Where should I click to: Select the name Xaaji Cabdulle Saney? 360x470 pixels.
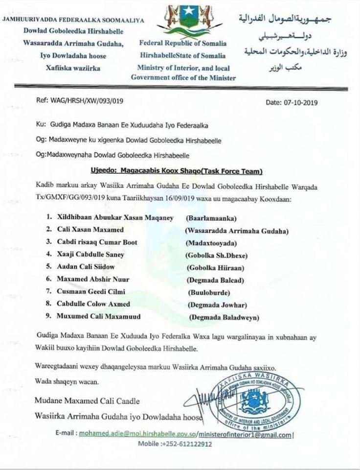point(89,255)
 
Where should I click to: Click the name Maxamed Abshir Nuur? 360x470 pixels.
point(90,280)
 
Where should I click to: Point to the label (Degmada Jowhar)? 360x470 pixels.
point(217,305)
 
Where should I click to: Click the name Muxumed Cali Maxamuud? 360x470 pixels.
point(98,317)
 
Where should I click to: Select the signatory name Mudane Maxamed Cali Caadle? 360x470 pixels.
point(87,401)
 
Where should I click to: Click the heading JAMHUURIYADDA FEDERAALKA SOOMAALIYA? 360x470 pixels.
point(73,19)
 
